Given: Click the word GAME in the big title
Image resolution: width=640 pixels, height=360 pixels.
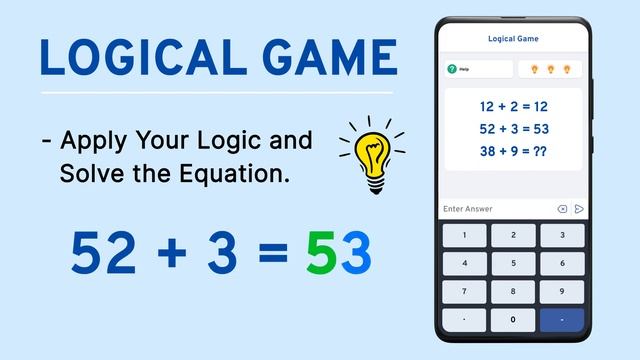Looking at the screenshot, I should [x=330, y=57].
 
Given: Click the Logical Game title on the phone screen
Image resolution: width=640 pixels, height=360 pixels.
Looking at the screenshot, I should [x=513, y=39].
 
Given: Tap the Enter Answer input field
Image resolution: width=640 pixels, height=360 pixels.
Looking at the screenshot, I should [x=495, y=209].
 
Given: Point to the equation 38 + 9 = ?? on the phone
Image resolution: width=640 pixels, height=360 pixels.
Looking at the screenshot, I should [x=513, y=151].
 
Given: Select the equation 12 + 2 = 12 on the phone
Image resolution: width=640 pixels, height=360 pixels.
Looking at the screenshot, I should [x=513, y=105].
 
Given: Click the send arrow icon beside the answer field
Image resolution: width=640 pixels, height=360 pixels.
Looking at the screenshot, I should [x=578, y=209].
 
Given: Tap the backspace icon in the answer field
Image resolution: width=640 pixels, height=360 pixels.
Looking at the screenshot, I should [x=562, y=209].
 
